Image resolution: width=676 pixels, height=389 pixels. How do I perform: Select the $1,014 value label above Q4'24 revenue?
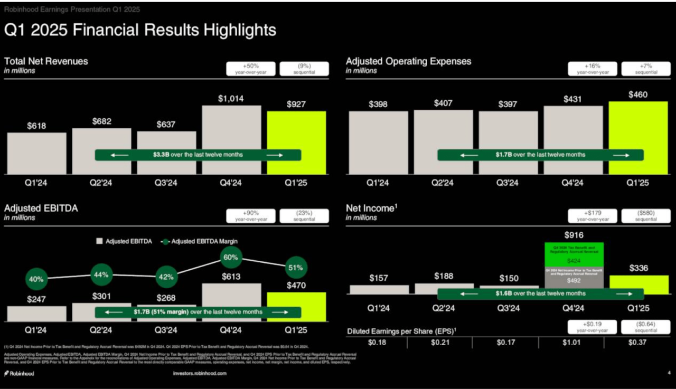click(231, 99)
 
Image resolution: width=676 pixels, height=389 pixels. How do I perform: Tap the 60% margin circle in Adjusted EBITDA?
click(231, 258)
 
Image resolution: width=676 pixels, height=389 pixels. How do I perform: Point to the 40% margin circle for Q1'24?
click(36, 279)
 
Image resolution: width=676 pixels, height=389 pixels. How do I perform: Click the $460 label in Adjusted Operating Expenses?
click(638, 94)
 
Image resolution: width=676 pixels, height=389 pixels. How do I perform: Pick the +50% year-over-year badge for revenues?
click(251, 69)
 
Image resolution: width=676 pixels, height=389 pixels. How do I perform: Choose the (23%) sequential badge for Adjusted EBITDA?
click(304, 215)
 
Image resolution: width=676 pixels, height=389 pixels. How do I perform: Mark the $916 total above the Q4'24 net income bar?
click(574, 235)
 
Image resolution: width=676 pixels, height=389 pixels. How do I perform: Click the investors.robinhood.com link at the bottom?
click(200, 374)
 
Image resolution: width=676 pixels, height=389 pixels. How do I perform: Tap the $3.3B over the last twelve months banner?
click(198, 155)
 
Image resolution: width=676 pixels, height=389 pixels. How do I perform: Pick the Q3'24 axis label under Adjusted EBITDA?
click(166, 330)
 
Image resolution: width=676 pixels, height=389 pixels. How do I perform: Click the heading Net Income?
click(370, 208)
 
